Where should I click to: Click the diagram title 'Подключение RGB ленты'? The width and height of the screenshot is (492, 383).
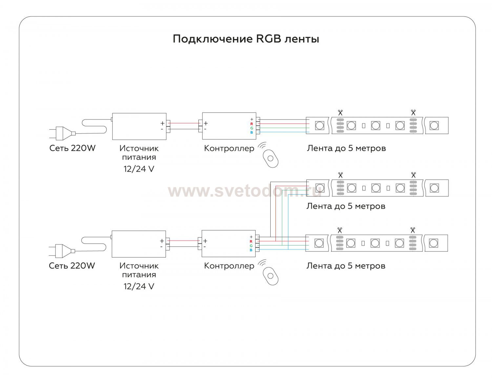(x=246, y=39)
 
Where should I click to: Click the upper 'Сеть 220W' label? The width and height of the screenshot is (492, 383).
(x=72, y=148)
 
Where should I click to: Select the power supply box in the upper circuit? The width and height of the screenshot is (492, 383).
(x=139, y=126)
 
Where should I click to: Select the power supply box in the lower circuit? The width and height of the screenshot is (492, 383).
(x=138, y=244)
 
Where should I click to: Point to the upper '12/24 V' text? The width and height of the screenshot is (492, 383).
(x=139, y=169)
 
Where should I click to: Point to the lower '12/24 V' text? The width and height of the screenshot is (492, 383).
(x=139, y=287)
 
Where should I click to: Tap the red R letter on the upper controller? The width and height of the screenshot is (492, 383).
(x=252, y=124)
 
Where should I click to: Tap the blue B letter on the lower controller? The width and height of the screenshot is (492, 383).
(x=251, y=250)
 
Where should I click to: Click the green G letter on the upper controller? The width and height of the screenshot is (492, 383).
(x=252, y=128)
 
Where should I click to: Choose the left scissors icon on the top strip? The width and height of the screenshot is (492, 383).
(x=340, y=113)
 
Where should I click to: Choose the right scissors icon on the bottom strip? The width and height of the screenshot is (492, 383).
(x=412, y=230)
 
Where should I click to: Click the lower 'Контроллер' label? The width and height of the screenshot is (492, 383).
(x=229, y=266)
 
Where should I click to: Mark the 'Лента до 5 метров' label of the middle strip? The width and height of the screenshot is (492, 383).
(x=346, y=206)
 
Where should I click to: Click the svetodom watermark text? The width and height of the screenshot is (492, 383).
(x=244, y=191)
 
